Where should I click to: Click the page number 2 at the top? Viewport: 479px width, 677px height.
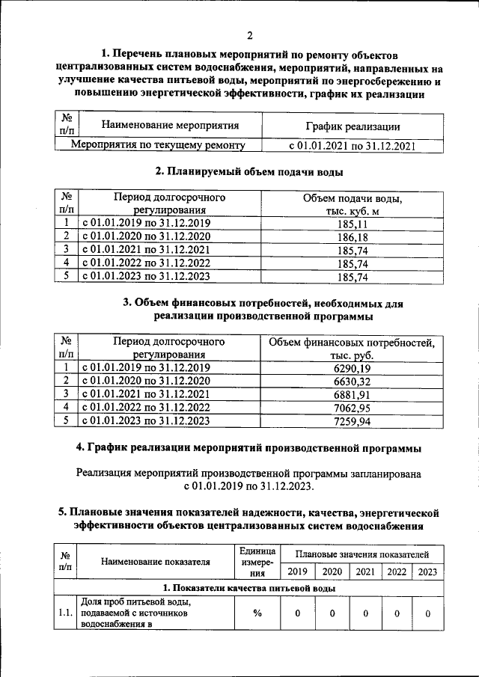(250, 35)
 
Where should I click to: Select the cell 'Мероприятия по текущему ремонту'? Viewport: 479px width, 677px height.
(156, 145)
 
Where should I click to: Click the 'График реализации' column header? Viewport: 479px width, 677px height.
(353, 126)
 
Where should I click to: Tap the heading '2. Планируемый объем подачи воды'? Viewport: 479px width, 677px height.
(249, 172)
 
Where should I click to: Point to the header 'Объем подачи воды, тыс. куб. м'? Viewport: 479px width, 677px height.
(353, 204)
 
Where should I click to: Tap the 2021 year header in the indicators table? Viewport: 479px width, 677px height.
(365, 572)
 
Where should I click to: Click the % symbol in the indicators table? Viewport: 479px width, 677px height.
(257, 613)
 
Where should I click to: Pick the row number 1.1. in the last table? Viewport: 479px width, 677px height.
(66, 613)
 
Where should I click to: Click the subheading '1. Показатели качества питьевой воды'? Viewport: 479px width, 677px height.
(249, 589)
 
